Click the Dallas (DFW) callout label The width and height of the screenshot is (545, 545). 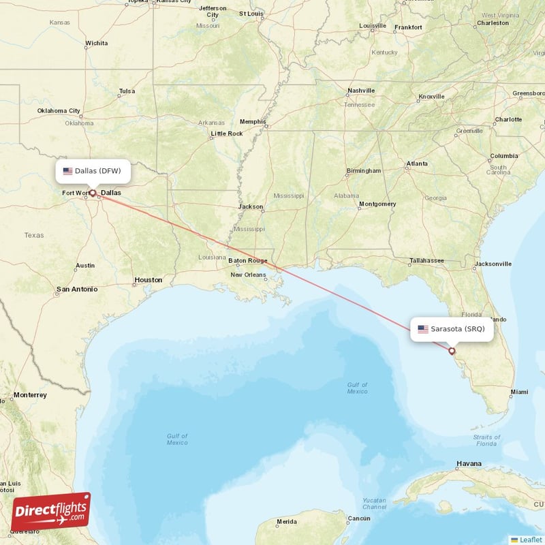coord(92,171)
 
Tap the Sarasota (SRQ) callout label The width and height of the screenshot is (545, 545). coord(451,329)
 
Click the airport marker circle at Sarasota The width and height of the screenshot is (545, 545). coord(452,352)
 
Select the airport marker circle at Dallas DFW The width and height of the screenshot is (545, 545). coord(93,193)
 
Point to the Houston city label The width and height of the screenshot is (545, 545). coord(148,280)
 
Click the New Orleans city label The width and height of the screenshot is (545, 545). coord(248,275)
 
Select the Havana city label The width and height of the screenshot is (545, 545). coord(469,464)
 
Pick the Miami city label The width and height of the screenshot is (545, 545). coord(518,392)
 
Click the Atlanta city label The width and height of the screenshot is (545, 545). coord(417,163)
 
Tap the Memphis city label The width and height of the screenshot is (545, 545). coord(253,122)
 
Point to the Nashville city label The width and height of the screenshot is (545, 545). coord(361,91)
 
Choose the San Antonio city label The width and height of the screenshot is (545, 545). coord(77,289)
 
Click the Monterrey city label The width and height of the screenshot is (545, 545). coord(30,395)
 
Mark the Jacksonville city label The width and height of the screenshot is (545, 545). coord(493,264)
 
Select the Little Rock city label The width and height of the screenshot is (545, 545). coord(226,134)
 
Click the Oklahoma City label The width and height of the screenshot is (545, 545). coord(59,111)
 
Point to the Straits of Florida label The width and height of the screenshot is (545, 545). coord(486,440)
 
